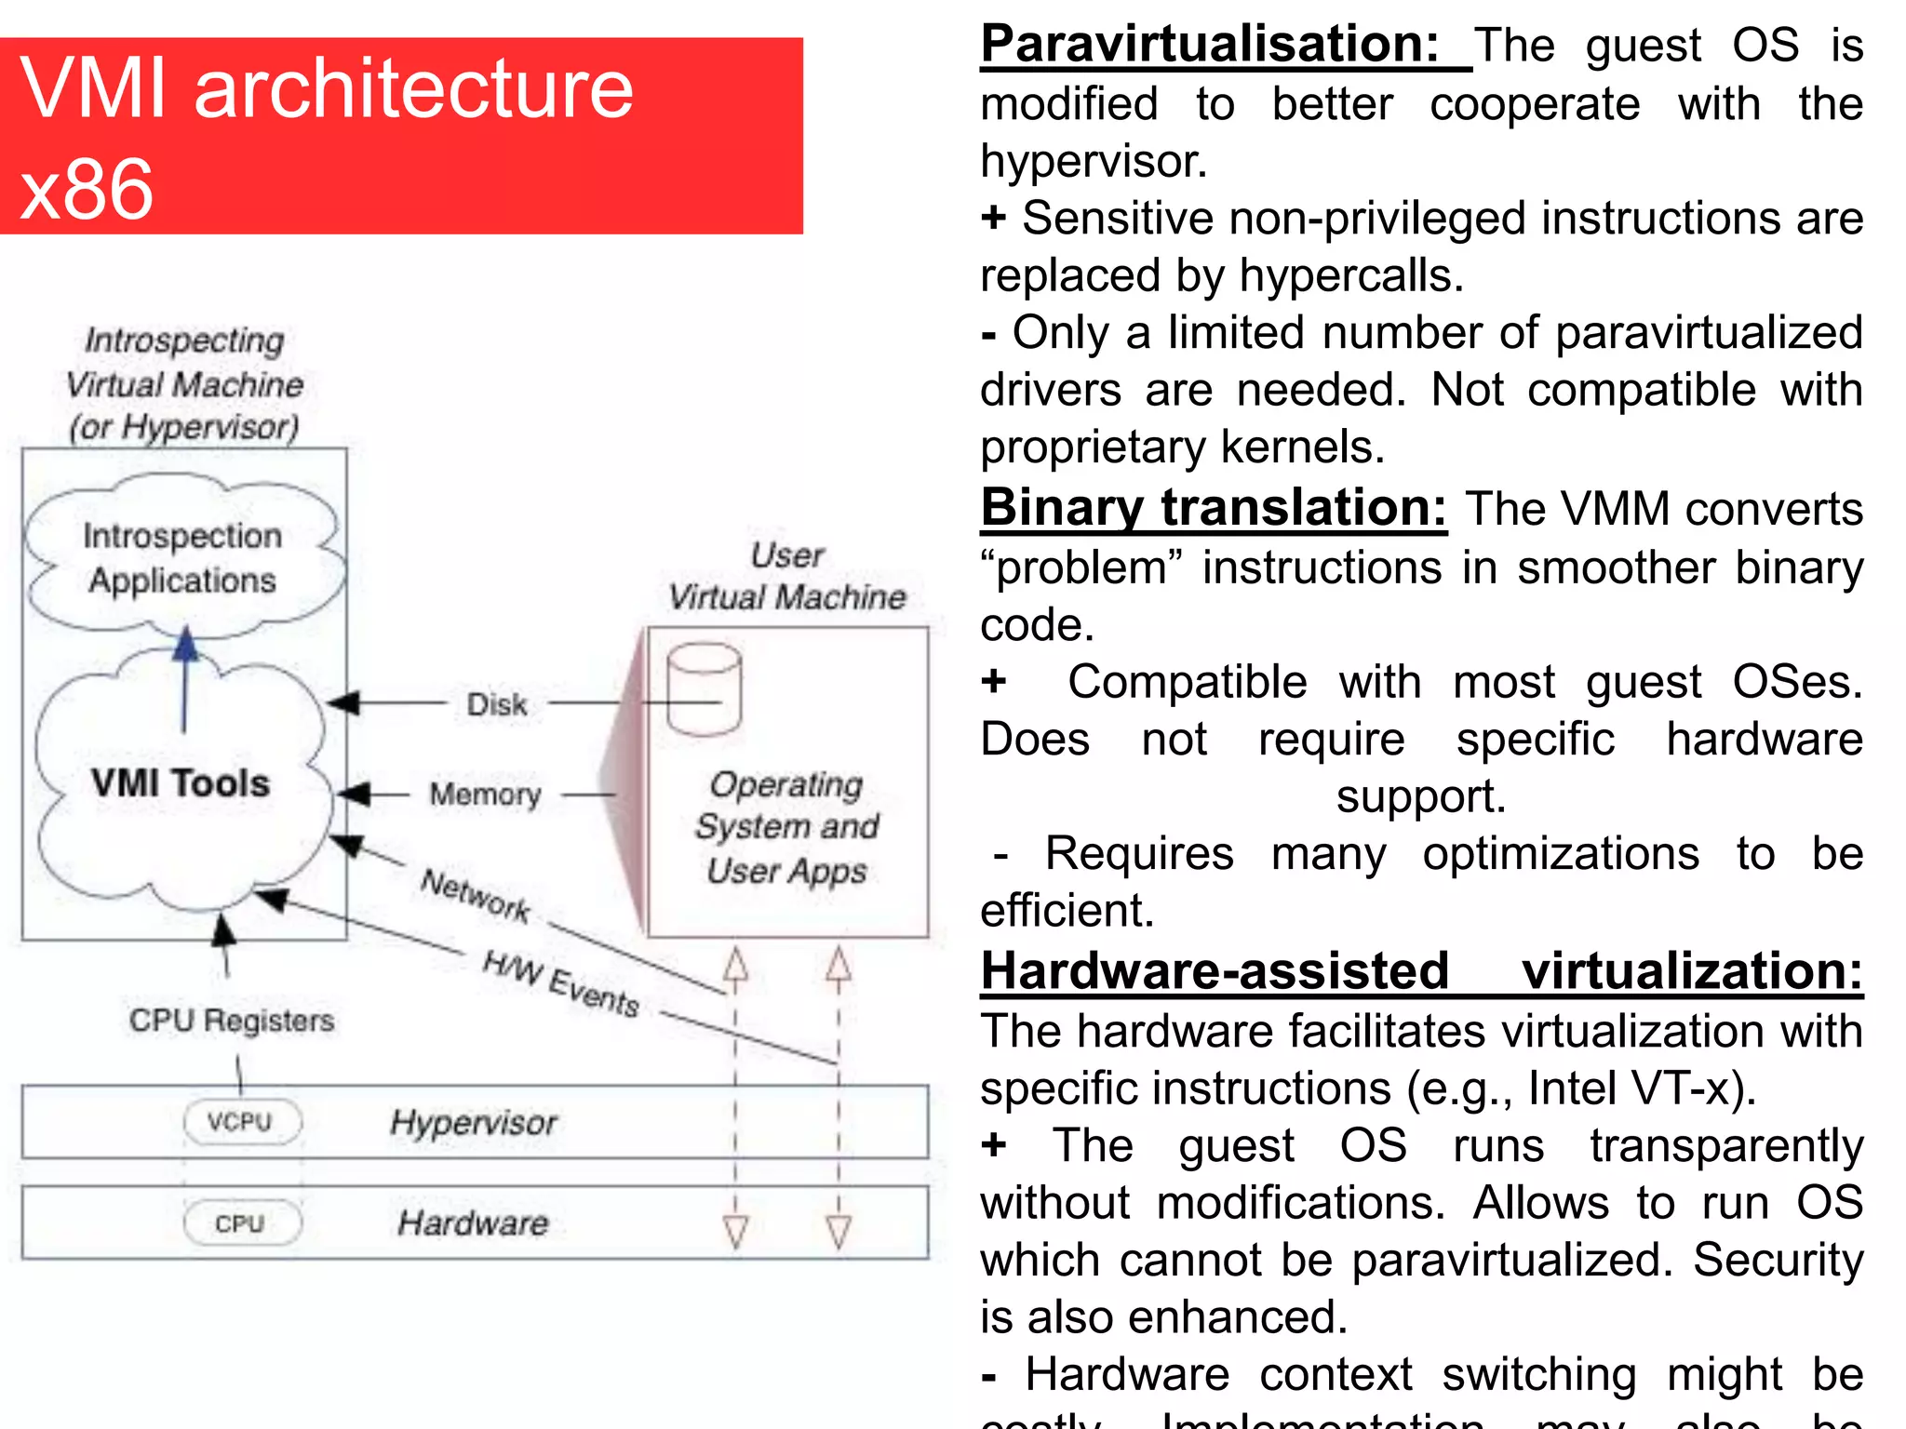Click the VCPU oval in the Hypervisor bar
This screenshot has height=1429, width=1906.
point(241,1121)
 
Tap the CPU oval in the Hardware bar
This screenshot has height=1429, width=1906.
point(241,1222)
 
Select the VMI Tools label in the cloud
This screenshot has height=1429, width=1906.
point(181,783)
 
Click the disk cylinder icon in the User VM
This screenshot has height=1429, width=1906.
point(705,689)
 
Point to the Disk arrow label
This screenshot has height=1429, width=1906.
point(497,704)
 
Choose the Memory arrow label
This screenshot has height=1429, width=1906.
point(485,795)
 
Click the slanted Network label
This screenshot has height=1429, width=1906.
point(476,895)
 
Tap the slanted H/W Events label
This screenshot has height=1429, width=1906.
point(561,983)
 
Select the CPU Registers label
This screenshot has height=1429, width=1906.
point(232,1021)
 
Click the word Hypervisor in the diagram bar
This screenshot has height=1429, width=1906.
point(474,1122)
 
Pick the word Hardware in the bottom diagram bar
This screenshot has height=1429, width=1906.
point(474,1222)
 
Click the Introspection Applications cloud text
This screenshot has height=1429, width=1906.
point(182,558)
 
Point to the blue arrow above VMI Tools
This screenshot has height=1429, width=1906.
point(185,679)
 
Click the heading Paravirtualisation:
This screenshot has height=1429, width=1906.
point(1210,45)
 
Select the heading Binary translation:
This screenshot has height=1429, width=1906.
point(1214,508)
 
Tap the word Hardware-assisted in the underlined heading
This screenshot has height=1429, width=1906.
point(1215,971)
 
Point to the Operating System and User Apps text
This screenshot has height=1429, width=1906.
point(787,827)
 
